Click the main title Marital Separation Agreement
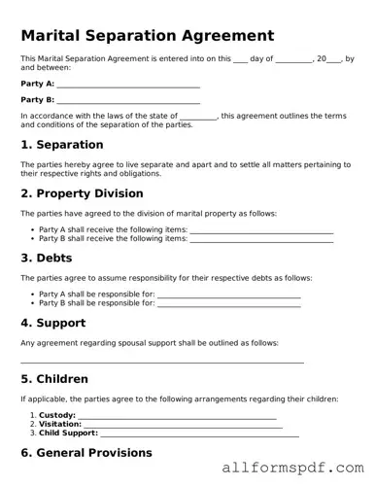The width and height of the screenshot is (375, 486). pyautogui.click(x=147, y=35)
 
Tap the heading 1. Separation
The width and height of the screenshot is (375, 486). pyautogui.click(x=61, y=145)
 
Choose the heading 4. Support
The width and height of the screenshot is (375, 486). pyautogui.click(x=53, y=323)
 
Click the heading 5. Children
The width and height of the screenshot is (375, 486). pyautogui.click(x=54, y=379)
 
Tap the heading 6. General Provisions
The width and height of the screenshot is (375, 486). pyautogui.click(x=86, y=453)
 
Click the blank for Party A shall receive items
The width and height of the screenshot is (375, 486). pyautogui.click(x=261, y=230)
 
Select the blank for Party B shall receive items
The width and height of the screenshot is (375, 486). pyautogui.click(x=261, y=239)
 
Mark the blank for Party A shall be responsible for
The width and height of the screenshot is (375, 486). pyautogui.click(x=228, y=295)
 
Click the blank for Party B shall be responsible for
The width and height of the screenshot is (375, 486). pyautogui.click(x=228, y=303)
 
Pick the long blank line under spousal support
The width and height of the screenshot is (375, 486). pyautogui.click(x=162, y=362)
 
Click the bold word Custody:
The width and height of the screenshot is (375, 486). pyautogui.click(x=57, y=416)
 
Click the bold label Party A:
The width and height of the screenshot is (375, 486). pyautogui.click(x=37, y=85)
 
